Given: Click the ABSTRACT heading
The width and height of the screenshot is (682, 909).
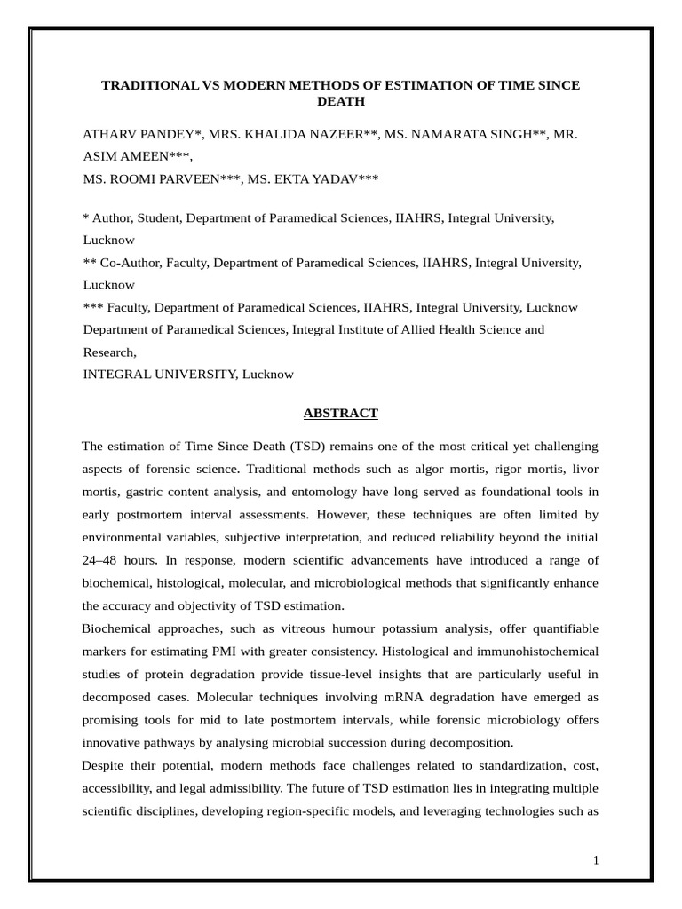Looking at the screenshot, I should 340,413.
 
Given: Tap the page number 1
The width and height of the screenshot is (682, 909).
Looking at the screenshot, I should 597,860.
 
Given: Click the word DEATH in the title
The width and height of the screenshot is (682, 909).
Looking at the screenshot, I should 340,101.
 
